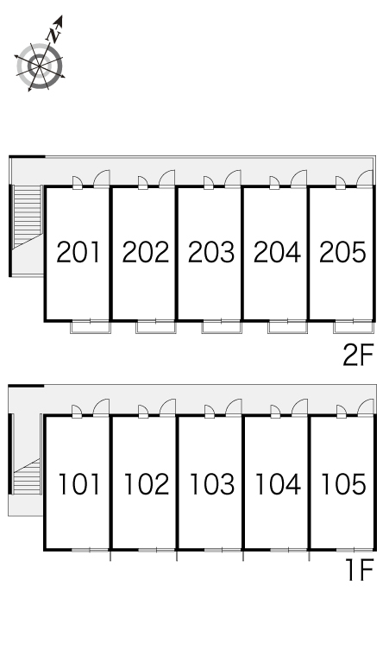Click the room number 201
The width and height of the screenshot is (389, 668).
coord(78,252)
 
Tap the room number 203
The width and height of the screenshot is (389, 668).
coord(211,252)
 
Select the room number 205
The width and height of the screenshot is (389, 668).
coord(342,252)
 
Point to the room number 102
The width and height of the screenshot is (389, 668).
coord(146,484)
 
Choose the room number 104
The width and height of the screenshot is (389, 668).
coord(278,484)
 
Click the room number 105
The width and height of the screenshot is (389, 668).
coord(343,484)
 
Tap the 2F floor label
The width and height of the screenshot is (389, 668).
coord(358,355)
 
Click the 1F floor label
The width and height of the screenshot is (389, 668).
coord(360,570)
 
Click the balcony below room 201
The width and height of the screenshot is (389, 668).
coord(91,327)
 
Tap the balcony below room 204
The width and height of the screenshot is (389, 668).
coord(288,327)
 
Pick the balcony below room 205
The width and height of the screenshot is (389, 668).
coord(354,327)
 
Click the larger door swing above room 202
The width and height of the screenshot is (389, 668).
coord(166,179)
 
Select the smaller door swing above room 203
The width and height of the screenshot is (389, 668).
coord(209,182)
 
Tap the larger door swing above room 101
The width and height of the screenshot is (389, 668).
coord(101,407)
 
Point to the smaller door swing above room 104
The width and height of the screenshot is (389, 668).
coord(275,412)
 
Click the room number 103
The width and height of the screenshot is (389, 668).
coord(211,484)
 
